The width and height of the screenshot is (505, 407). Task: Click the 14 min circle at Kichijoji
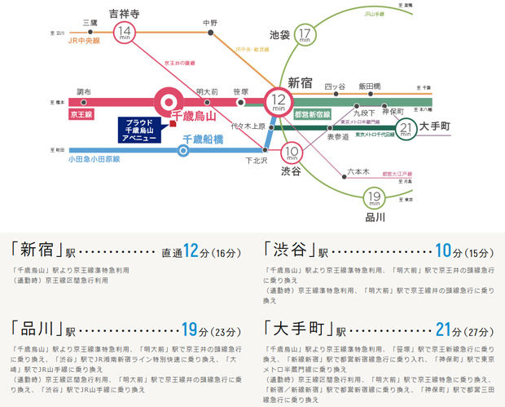pos(125,33)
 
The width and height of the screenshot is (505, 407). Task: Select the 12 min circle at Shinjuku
pos(278,103)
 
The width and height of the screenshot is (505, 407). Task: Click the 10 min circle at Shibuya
pos(292,152)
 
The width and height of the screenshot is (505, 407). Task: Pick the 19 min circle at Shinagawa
pos(374,198)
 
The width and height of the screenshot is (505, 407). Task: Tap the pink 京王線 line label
pos(82,116)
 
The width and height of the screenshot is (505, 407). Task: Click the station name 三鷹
pos(90,23)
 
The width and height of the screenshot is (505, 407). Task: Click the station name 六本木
pos(358,171)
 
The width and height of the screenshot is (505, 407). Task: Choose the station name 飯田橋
pos(370,86)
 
